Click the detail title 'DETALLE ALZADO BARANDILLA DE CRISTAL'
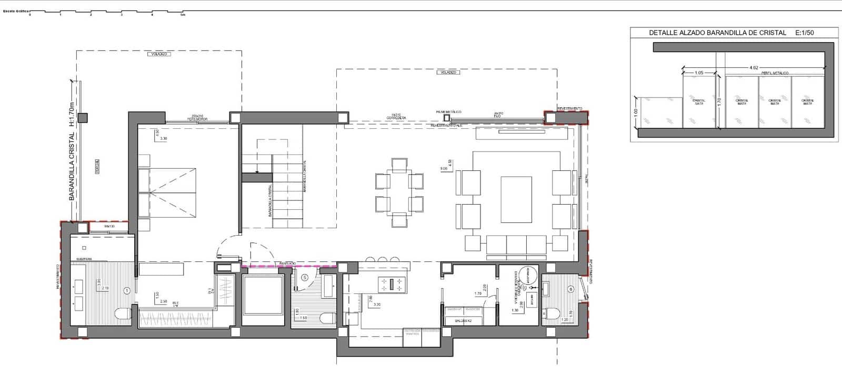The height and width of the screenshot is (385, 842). [x=717, y=33]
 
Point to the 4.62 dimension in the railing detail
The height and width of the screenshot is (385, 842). [x=754, y=68]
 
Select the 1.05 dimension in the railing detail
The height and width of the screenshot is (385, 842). [x=699, y=73]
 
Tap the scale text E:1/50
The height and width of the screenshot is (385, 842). [x=805, y=33]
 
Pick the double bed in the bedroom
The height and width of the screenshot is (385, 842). [x=167, y=192]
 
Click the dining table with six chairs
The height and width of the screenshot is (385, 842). [x=399, y=192]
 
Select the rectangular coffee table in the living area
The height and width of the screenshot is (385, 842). [x=516, y=199]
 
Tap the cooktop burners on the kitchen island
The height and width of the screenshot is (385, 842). [x=392, y=285]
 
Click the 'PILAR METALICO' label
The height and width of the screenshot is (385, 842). [x=448, y=112]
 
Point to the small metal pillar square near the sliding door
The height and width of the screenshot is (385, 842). [x=447, y=118]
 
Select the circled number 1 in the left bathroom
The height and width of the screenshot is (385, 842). [x=126, y=290]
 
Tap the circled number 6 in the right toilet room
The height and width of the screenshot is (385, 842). [x=571, y=289]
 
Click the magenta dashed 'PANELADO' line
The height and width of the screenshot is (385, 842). [x=288, y=267]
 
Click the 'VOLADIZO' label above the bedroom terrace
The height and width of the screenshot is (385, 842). [x=159, y=54]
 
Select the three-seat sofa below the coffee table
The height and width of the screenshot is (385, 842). [x=516, y=244]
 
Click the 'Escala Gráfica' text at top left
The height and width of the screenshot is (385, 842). [x=15, y=11]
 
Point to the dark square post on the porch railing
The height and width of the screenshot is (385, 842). [x=83, y=118]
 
